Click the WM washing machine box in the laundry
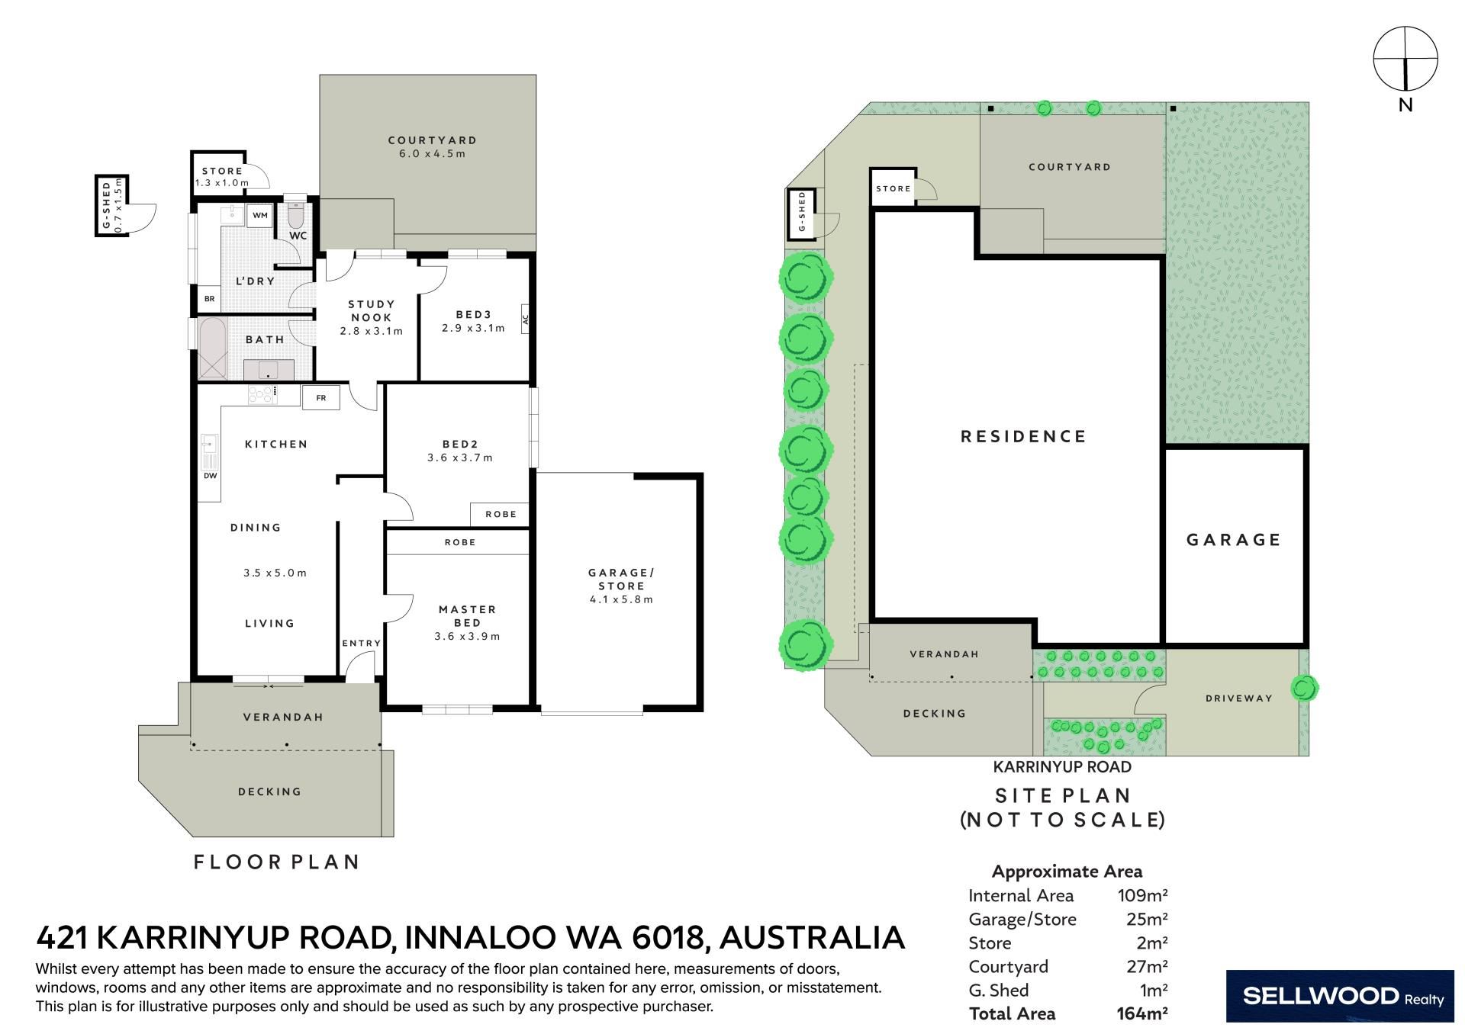click(x=260, y=216)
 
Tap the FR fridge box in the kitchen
click(x=321, y=397)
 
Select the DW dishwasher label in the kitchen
click(x=210, y=476)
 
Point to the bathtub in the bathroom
click(x=213, y=348)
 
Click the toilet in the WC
click(x=296, y=214)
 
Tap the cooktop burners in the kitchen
click(x=262, y=394)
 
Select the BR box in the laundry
click(x=209, y=299)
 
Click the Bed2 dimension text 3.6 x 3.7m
click(x=460, y=458)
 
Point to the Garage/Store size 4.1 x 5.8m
click(x=622, y=599)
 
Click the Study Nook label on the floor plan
click(x=372, y=310)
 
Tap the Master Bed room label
click(x=468, y=615)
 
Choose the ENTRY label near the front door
click(x=361, y=644)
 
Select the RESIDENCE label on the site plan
click(x=1023, y=436)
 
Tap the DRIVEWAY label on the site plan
click(x=1239, y=698)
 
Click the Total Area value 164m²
click(x=1142, y=1014)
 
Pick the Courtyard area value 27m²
click(x=1147, y=967)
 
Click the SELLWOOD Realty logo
click(x=1340, y=996)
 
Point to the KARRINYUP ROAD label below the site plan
click(x=1062, y=767)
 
